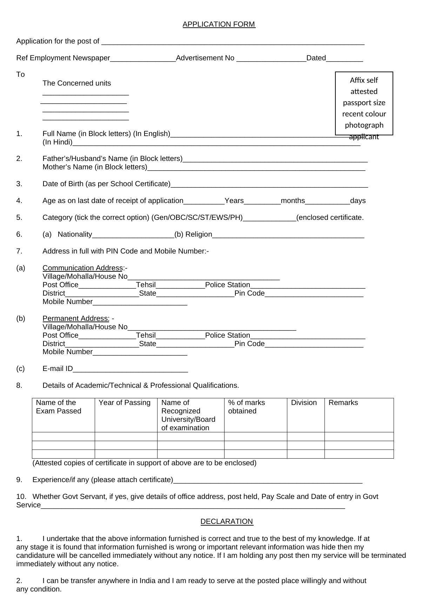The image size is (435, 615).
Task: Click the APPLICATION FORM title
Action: click(x=219, y=24)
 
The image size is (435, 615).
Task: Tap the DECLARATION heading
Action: click(x=227, y=521)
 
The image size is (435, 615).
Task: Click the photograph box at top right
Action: click(x=364, y=103)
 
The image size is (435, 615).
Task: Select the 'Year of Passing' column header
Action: click(x=125, y=403)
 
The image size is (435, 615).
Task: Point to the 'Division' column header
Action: click(x=304, y=403)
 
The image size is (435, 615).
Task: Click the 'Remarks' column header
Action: click(x=343, y=403)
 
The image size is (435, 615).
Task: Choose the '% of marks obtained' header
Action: click(x=246, y=407)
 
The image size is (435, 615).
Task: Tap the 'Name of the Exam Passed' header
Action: click(x=58, y=407)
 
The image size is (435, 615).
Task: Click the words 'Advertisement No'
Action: click(x=205, y=58)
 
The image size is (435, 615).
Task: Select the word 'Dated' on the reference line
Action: click(x=316, y=58)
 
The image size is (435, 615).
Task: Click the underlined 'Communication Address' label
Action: click(x=82, y=268)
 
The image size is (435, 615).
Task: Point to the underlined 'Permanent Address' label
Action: click(x=76, y=318)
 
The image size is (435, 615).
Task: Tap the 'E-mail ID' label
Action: click(x=58, y=369)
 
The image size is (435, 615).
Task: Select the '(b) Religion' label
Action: click(x=193, y=234)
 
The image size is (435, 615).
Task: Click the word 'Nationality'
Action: click(x=75, y=234)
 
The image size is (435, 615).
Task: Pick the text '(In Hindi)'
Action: click(x=58, y=142)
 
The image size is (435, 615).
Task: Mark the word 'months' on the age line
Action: click(x=293, y=201)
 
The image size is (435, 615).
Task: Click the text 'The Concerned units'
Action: click(x=76, y=83)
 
